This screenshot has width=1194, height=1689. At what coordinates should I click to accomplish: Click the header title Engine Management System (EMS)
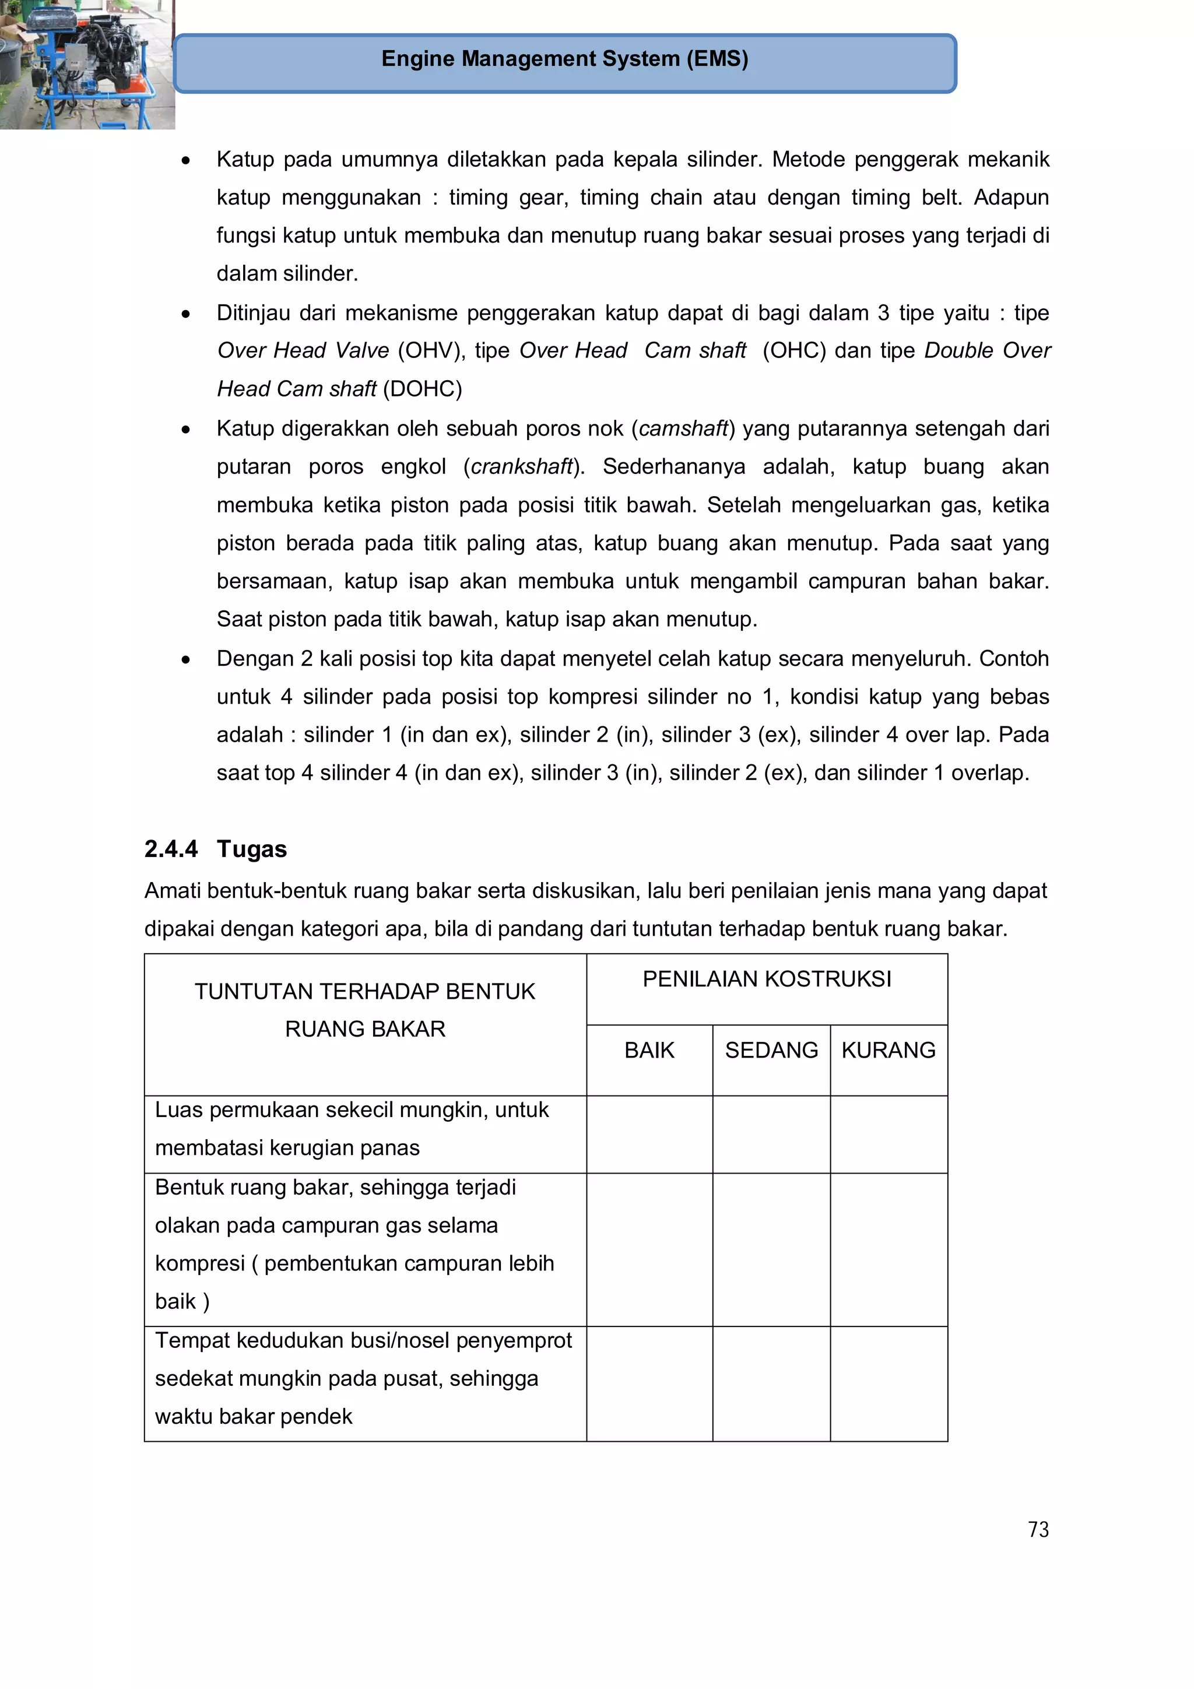tap(564, 59)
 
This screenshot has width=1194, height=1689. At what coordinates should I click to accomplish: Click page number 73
tap(1038, 1529)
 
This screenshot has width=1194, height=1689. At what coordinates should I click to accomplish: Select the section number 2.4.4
tap(171, 849)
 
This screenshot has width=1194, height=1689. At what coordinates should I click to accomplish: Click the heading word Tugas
tap(252, 849)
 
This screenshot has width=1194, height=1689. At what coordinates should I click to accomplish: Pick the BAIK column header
tap(649, 1050)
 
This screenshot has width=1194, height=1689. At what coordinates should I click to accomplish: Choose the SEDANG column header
tap(771, 1050)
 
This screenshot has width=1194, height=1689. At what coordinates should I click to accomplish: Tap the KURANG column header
tap(888, 1050)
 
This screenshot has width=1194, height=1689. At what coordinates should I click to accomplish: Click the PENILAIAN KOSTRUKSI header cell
tap(767, 979)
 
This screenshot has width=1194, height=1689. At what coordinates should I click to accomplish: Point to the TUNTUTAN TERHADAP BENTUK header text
tap(365, 992)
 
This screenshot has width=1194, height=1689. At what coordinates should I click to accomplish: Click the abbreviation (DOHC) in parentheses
tap(422, 389)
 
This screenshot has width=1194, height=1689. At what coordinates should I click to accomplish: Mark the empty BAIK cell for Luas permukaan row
tap(649, 1133)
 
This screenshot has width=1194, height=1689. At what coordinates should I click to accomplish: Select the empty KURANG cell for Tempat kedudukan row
tap(888, 1383)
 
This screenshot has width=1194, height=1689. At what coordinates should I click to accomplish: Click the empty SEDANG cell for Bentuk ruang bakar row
tap(771, 1249)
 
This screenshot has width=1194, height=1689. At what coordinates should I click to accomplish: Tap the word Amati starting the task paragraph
tap(172, 891)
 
